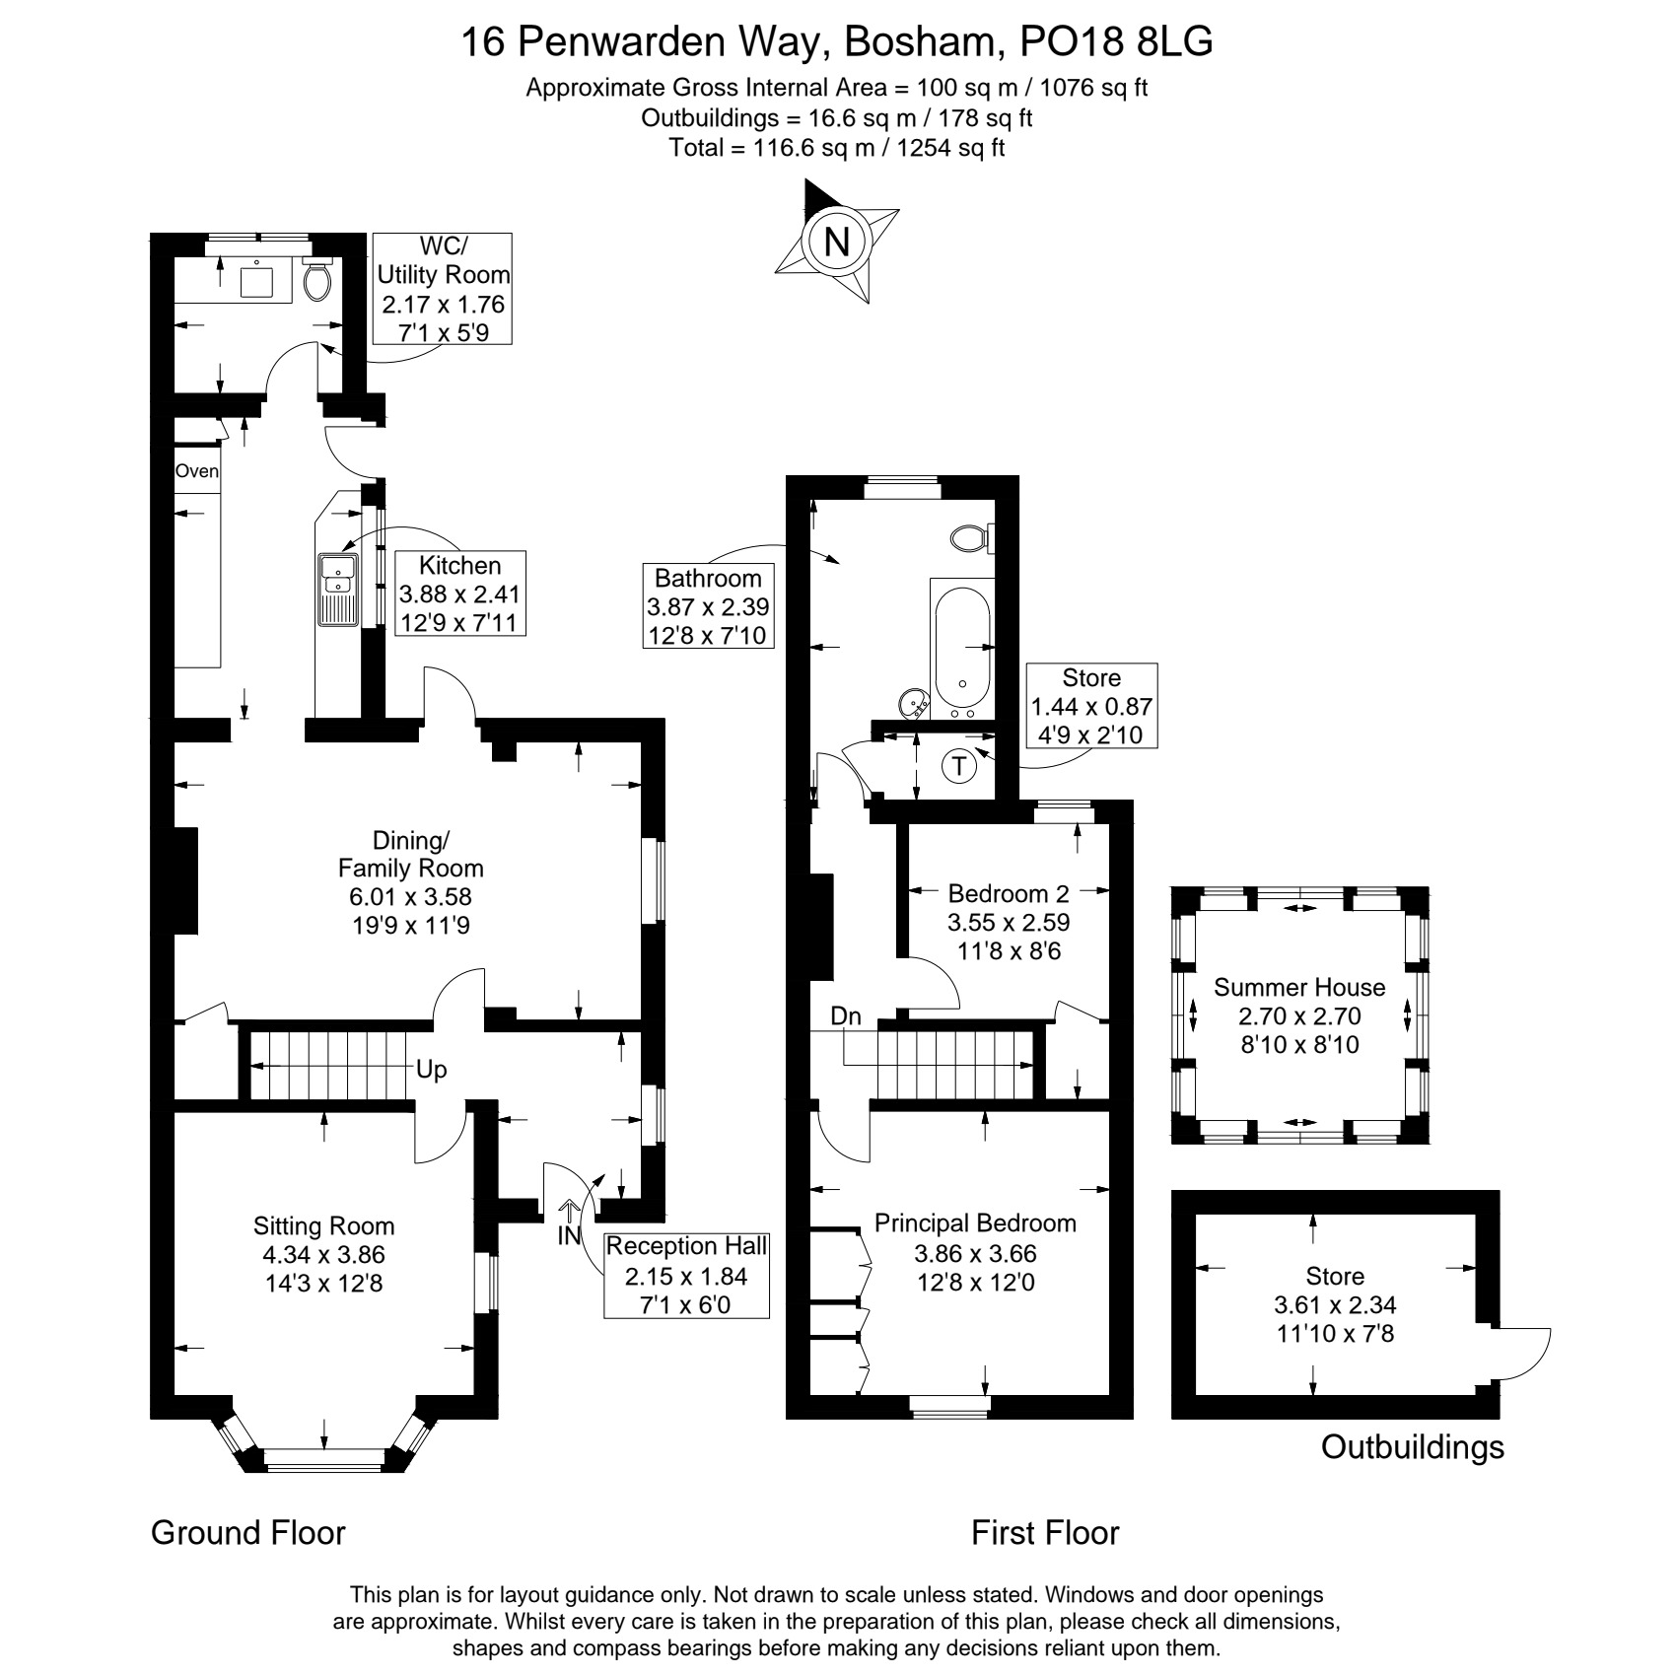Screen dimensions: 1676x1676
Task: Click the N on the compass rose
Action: [x=837, y=242]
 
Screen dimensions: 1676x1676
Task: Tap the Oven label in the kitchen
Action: [x=196, y=471]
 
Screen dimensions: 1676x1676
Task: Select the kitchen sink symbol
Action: [x=337, y=590]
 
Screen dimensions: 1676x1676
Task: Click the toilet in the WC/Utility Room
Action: [x=317, y=280]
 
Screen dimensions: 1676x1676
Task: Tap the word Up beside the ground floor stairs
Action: [x=431, y=1070]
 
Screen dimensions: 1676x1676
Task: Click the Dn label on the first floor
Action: [x=846, y=1016]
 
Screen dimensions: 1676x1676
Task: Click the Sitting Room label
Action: [x=323, y=1226]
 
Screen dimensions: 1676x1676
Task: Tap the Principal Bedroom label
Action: [x=975, y=1223]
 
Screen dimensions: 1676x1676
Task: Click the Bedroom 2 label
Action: [x=1009, y=894]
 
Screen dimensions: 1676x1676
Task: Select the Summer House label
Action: [x=1299, y=988]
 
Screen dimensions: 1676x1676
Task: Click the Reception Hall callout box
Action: [x=686, y=1276]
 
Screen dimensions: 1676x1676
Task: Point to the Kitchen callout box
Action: [x=459, y=594]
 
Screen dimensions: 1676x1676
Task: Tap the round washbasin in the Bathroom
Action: [x=913, y=703]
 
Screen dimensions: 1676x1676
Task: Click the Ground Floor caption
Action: [x=248, y=1533]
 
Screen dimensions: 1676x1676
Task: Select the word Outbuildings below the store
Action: [x=1413, y=1446]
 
